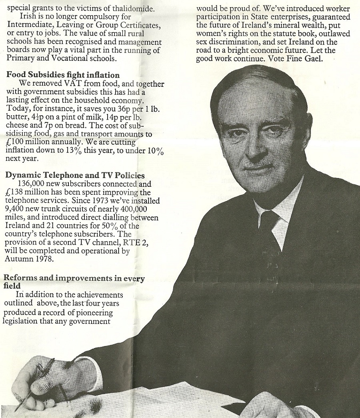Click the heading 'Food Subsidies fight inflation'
[x=62, y=75]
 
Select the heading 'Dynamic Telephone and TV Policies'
[x=75, y=175]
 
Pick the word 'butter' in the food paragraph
[x=16, y=117]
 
